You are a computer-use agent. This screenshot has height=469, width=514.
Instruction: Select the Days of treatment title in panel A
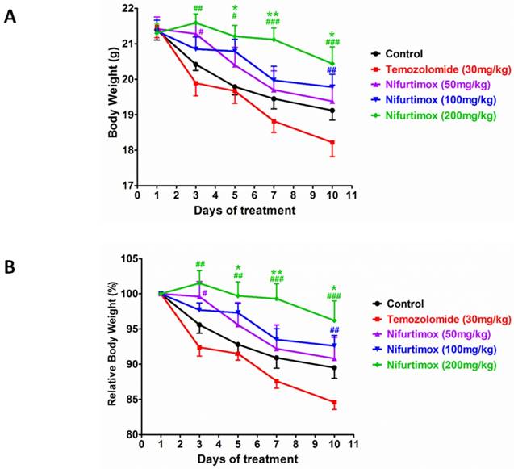pos(244,211)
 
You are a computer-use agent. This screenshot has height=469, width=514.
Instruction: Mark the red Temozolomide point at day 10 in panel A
pos(332,143)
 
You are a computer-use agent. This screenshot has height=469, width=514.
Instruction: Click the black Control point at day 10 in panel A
pos(332,111)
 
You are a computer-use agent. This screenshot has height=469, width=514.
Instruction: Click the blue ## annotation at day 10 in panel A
pos(332,69)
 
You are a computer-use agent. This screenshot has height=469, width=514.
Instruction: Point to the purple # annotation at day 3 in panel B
pos(205,293)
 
